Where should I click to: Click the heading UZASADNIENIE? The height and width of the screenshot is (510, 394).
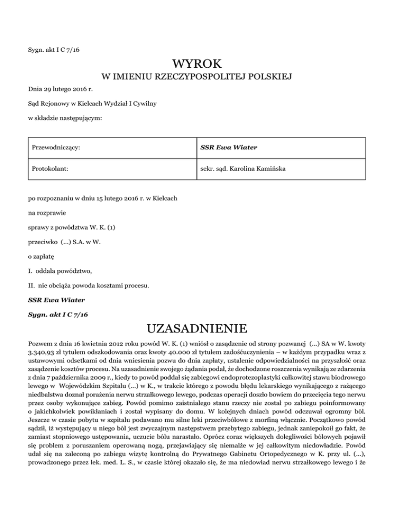click(x=197, y=328)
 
